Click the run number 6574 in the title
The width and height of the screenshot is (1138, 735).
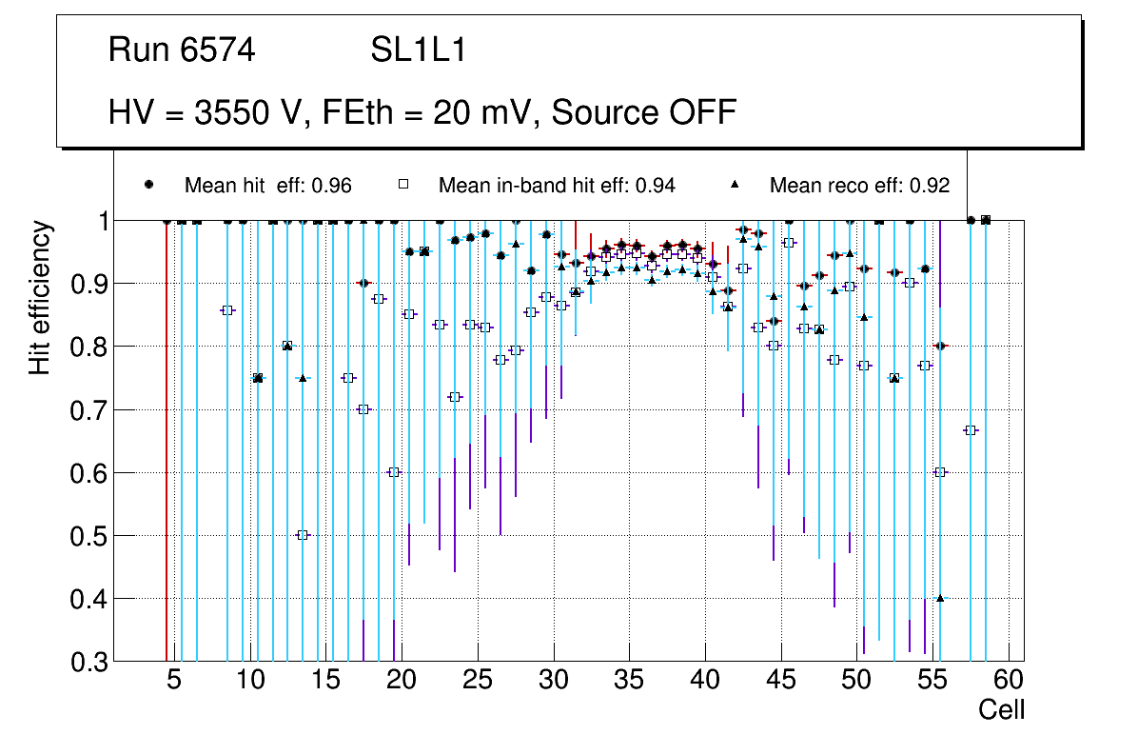pyautogui.click(x=220, y=50)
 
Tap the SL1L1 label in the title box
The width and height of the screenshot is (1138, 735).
pyautogui.click(x=419, y=50)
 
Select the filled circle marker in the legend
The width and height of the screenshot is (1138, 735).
pyautogui.click(x=148, y=185)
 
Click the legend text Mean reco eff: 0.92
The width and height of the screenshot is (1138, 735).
pyautogui.click(x=859, y=186)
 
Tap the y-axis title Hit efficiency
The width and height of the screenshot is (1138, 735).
pyautogui.click(x=40, y=297)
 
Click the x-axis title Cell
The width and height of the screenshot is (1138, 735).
pyautogui.click(x=1002, y=709)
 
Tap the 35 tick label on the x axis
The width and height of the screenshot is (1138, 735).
pyautogui.click(x=628, y=681)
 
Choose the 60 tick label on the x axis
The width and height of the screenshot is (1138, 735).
pyautogui.click(x=1008, y=681)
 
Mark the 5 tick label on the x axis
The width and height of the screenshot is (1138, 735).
pyautogui.click(x=173, y=681)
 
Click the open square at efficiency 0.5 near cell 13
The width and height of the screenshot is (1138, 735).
pyautogui.click(x=303, y=535)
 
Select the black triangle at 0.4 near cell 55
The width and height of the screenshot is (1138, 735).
pyautogui.click(x=940, y=598)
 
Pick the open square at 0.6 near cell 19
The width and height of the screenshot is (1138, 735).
pyautogui.click(x=394, y=472)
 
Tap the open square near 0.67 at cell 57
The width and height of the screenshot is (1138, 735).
pyautogui.click(x=971, y=430)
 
